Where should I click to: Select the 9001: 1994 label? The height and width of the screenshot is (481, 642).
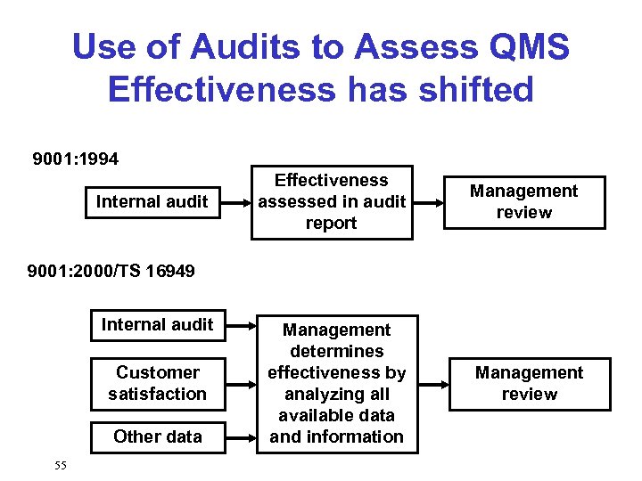click(76, 159)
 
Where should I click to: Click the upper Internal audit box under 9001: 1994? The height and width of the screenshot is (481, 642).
click(152, 201)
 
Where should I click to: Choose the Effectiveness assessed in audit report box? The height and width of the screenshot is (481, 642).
click(332, 201)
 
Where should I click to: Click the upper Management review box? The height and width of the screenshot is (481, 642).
click(523, 201)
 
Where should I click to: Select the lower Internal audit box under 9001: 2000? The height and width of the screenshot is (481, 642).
click(158, 324)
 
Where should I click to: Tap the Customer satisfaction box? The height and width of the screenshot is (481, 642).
click(158, 383)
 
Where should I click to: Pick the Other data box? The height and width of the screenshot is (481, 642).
click(158, 436)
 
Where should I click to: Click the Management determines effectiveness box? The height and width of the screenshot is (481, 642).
click(337, 383)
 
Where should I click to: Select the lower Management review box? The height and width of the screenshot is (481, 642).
click(529, 383)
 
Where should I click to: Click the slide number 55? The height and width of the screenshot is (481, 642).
click(61, 465)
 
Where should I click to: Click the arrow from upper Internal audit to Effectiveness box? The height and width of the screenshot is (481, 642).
click(238, 201)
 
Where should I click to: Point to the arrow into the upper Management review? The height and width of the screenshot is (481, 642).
click(428, 201)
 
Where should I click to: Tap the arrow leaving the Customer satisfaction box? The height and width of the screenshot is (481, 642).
click(241, 384)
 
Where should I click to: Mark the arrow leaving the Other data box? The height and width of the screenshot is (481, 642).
click(241, 437)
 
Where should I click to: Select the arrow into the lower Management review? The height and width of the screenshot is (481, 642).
click(433, 384)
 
